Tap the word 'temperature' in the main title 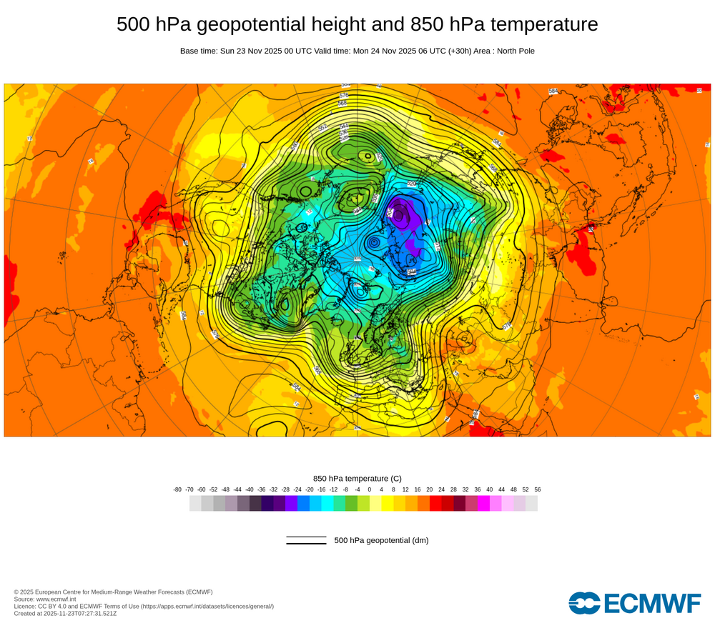click(552, 24)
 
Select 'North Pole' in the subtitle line click(513, 51)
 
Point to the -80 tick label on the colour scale click(177, 489)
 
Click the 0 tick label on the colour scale click(370, 489)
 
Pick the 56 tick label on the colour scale click(538, 489)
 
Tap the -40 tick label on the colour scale click(250, 489)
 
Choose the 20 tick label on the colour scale click(430, 489)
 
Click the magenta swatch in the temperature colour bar click(483, 503)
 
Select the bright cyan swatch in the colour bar click(327, 503)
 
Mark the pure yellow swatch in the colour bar click(388, 503)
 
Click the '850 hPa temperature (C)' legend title click(357, 478)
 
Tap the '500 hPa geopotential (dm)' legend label click(381, 540)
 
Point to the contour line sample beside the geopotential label click(306, 540)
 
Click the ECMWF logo click(635, 602)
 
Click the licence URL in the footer click(207, 606)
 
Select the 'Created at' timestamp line click(65, 613)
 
